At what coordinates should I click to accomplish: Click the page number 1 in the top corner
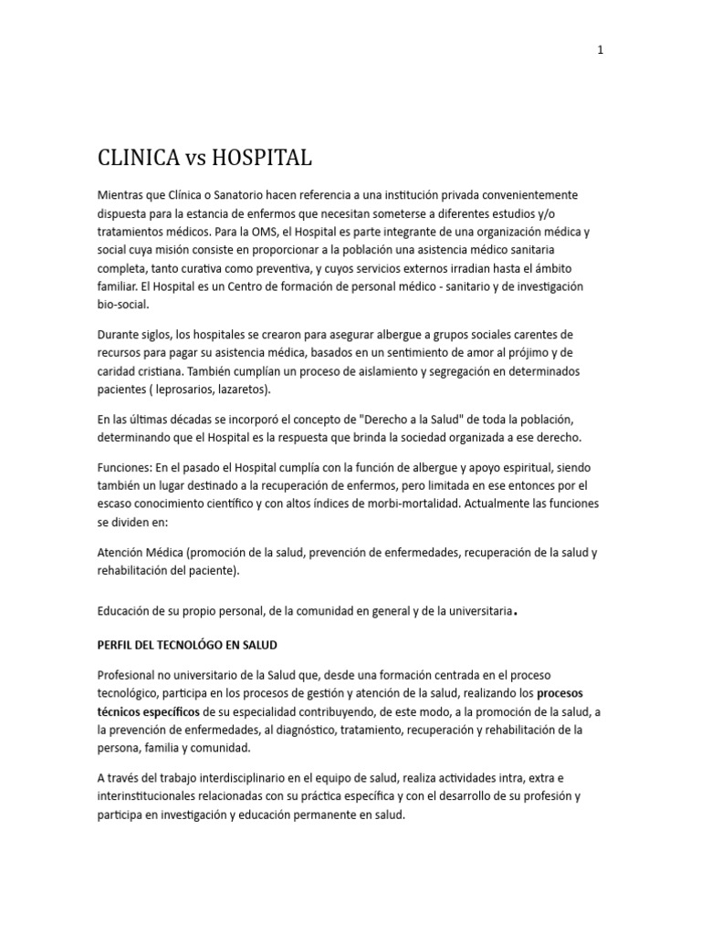[x=600, y=50]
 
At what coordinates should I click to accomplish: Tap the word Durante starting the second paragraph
[x=120, y=335]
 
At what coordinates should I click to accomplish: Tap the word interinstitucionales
[x=152, y=796]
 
